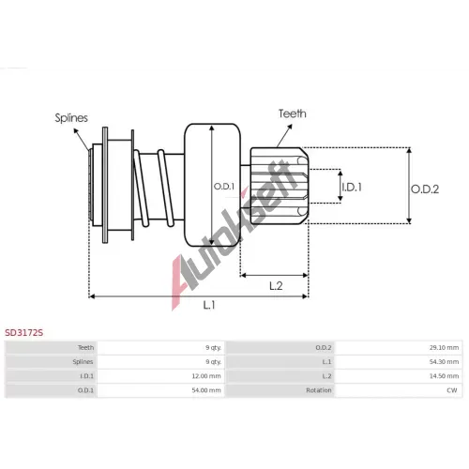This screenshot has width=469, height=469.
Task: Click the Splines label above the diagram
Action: pyautogui.click(x=71, y=118)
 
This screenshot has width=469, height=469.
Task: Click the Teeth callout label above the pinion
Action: pyautogui.click(x=293, y=113)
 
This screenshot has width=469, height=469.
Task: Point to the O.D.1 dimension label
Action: pyautogui.click(x=224, y=187)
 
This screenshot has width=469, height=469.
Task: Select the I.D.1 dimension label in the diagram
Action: pyautogui.click(x=352, y=187)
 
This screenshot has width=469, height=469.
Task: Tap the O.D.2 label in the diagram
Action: pyautogui.click(x=425, y=189)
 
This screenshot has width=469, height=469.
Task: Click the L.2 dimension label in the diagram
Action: pyautogui.click(x=276, y=285)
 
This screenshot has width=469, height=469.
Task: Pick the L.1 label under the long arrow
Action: pyautogui.click(x=209, y=305)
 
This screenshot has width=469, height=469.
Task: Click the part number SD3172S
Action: pyautogui.click(x=23, y=333)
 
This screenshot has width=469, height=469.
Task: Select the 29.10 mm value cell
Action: pyautogui.click(x=444, y=347)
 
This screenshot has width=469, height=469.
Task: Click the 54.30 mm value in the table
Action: pyautogui.click(x=444, y=362)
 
